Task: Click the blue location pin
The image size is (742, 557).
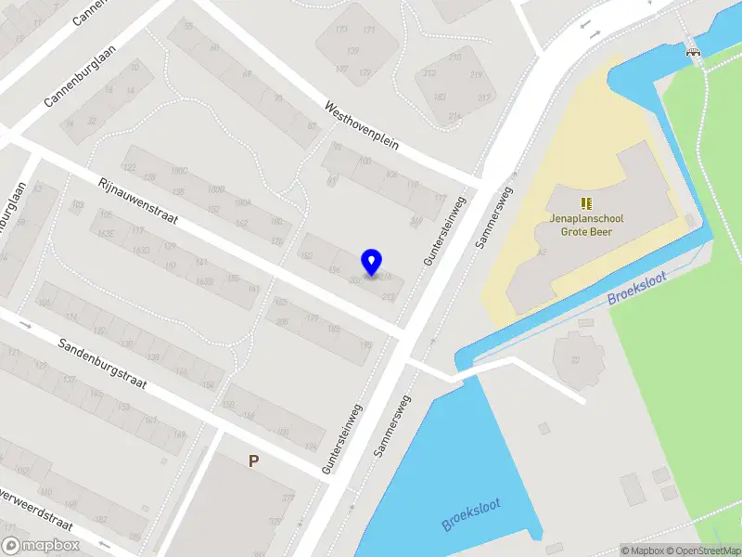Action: [x=372, y=263]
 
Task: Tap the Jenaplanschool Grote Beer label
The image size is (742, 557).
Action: [x=586, y=226]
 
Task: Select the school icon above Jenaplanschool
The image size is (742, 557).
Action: [x=586, y=202]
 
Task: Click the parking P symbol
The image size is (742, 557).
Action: [x=252, y=460]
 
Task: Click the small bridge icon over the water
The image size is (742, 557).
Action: [x=692, y=53]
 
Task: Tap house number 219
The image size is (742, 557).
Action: [x=478, y=75]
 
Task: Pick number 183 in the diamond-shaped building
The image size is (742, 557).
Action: [x=440, y=97]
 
